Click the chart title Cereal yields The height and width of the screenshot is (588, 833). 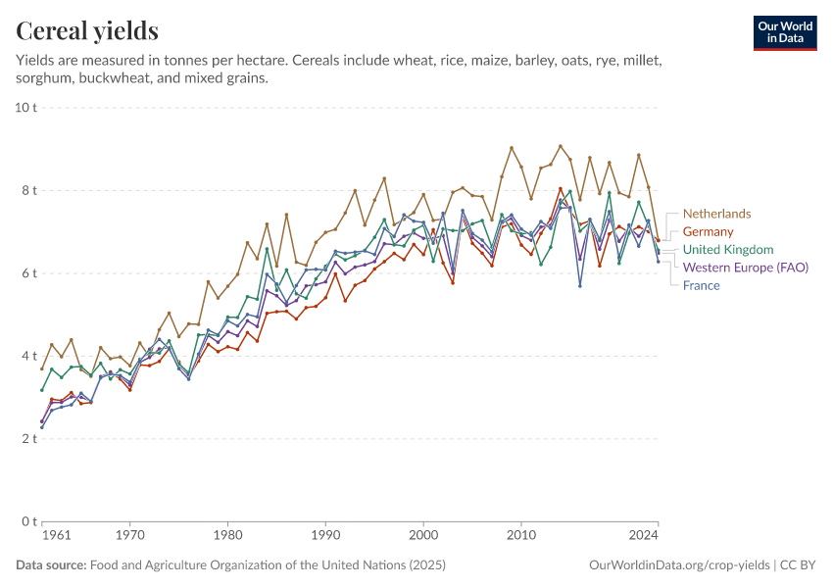pyautogui.click(x=87, y=31)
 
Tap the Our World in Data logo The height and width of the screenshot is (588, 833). pyautogui.click(x=784, y=32)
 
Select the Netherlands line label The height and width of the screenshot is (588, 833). pyautogui.click(x=716, y=214)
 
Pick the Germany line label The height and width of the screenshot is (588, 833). pyautogui.click(x=708, y=231)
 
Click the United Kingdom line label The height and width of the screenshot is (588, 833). pyautogui.click(x=728, y=250)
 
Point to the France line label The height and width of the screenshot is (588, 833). pyautogui.click(x=701, y=285)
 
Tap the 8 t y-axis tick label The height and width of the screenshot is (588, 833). pyautogui.click(x=28, y=190)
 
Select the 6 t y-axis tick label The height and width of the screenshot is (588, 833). pyautogui.click(x=28, y=273)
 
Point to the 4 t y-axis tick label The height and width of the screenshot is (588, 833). pyautogui.click(x=28, y=356)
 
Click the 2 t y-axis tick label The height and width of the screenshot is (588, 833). pyautogui.click(x=28, y=439)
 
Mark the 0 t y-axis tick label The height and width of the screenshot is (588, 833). pyautogui.click(x=28, y=521)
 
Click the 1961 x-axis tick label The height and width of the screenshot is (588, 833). pyautogui.click(x=57, y=536)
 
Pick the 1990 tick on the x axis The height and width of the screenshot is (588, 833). pyautogui.click(x=325, y=536)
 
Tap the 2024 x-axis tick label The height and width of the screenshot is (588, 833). pyautogui.click(x=644, y=536)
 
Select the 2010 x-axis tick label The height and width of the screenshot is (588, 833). pyautogui.click(x=521, y=536)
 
